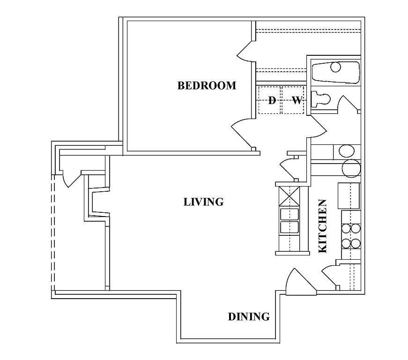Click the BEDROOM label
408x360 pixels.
[207, 86]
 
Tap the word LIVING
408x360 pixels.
[203, 202]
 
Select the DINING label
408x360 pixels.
[249, 317]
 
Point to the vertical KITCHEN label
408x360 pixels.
[323, 226]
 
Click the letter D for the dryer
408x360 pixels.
[272, 100]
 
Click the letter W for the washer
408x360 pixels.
[296, 100]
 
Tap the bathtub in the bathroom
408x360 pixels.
[335, 72]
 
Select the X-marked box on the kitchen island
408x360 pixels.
[290, 196]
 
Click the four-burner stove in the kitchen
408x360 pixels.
[350, 236]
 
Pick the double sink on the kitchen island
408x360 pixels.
[290, 221]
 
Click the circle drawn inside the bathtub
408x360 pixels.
[335, 67]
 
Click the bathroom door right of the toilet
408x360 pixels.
[349, 104]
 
